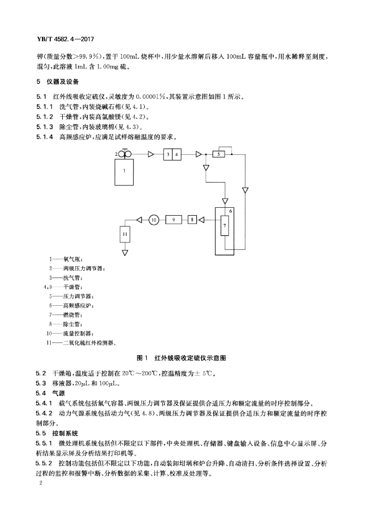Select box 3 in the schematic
pos(167,154)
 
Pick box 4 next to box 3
pos(176,154)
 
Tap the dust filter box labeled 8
pos(192,219)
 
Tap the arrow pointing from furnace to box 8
pos(202,219)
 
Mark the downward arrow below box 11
pos(125,252)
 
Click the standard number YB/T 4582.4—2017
pos(63,39)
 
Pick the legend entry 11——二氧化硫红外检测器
pos(82,343)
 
